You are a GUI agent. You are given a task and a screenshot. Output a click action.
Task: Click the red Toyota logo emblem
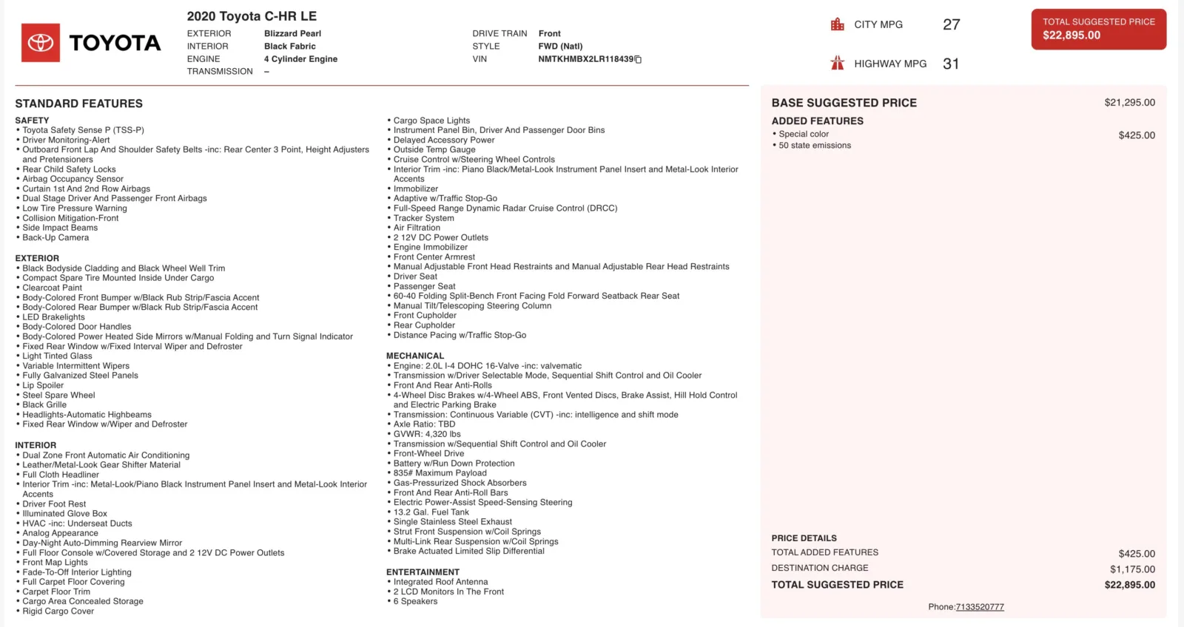[41, 43]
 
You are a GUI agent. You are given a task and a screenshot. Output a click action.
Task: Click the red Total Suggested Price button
[1098, 30]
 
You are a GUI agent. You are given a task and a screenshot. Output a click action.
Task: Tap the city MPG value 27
[951, 25]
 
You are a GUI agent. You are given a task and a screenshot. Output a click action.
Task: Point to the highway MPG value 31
[951, 64]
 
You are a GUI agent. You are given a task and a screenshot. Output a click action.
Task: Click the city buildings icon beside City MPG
[837, 24]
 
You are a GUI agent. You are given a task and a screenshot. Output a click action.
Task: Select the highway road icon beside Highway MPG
[837, 64]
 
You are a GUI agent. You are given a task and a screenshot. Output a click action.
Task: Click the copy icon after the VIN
[638, 59]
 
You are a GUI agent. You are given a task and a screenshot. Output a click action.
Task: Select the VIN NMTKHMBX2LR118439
[585, 59]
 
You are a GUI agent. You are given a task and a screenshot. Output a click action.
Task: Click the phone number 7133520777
[980, 607]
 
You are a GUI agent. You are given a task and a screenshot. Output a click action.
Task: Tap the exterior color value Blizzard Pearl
[292, 33]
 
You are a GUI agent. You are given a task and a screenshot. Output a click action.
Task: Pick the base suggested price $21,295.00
[1129, 103]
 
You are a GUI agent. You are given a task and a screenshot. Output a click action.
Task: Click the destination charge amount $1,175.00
[1132, 569]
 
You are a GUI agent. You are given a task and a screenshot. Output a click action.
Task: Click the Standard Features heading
[78, 104]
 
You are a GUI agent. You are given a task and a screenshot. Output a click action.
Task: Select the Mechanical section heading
[414, 356]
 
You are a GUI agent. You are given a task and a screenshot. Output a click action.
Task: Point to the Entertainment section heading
[423, 572]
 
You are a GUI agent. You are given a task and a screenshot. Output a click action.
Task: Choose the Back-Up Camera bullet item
[55, 237]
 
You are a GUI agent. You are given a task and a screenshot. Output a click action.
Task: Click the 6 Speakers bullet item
[415, 601]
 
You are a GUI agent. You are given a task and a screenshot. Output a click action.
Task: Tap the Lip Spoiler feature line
[43, 385]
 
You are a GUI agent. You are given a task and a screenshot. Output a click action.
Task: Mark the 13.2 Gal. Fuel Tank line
[431, 512]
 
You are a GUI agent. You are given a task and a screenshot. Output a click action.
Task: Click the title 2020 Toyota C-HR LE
[252, 16]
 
